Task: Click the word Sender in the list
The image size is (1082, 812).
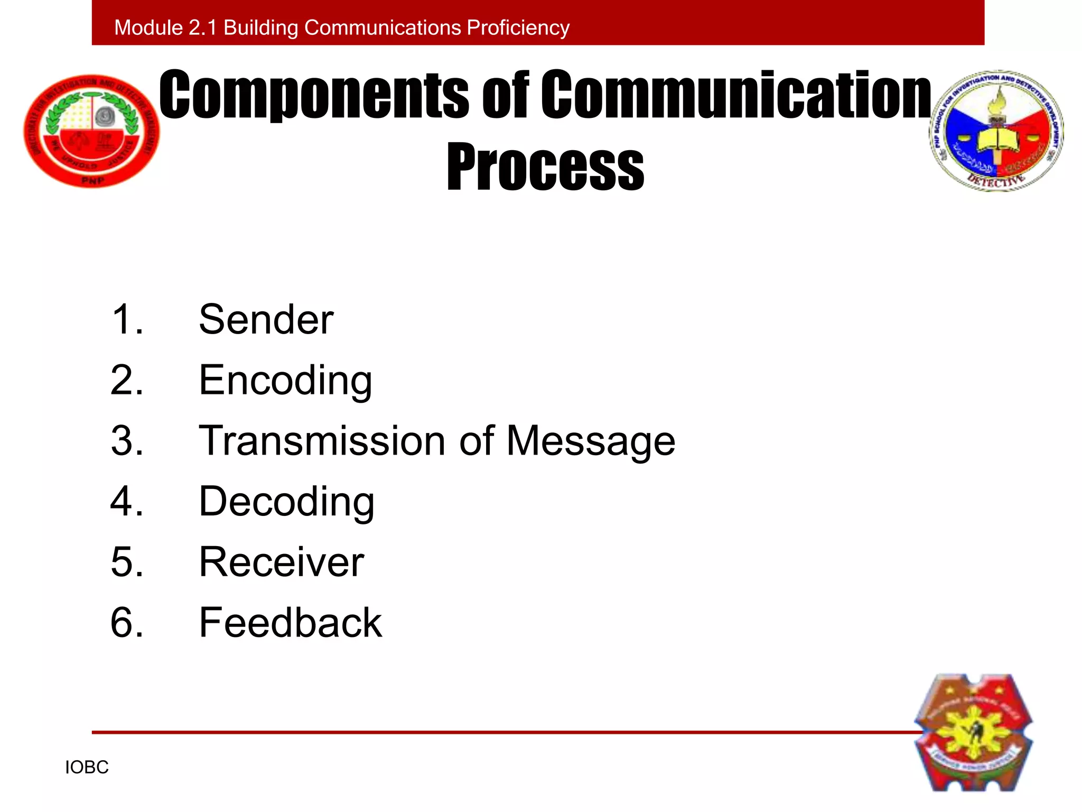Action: tap(266, 320)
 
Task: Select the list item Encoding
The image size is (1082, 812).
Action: tap(285, 381)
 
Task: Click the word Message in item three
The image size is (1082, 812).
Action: tap(590, 441)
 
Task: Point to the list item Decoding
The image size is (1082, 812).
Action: tap(286, 502)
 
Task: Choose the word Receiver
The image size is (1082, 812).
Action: tap(281, 562)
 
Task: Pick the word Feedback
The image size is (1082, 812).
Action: tap(290, 623)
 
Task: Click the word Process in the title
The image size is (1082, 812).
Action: tap(545, 167)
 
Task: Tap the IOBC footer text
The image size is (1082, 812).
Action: tap(87, 767)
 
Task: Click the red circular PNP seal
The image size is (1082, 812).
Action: tap(91, 131)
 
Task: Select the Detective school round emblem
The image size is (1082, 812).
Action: tap(996, 131)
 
